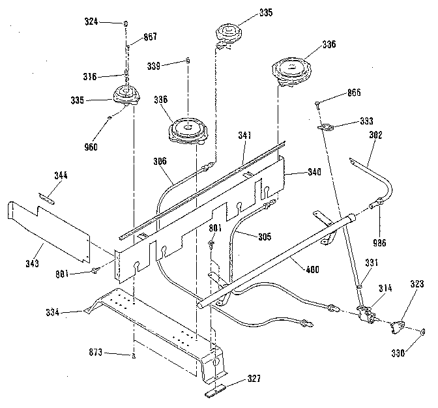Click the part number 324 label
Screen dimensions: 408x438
click(x=91, y=22)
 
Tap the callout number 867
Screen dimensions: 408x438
click(x=150, y=37)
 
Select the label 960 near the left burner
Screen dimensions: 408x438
click(x=91, y=147)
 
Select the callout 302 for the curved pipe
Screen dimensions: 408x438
click(x=375, y=136)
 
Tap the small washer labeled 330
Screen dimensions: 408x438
click(x=422, y=332)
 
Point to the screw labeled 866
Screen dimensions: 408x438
click(x=317, y=102)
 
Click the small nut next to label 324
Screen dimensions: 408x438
click(x=124, y=22)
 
